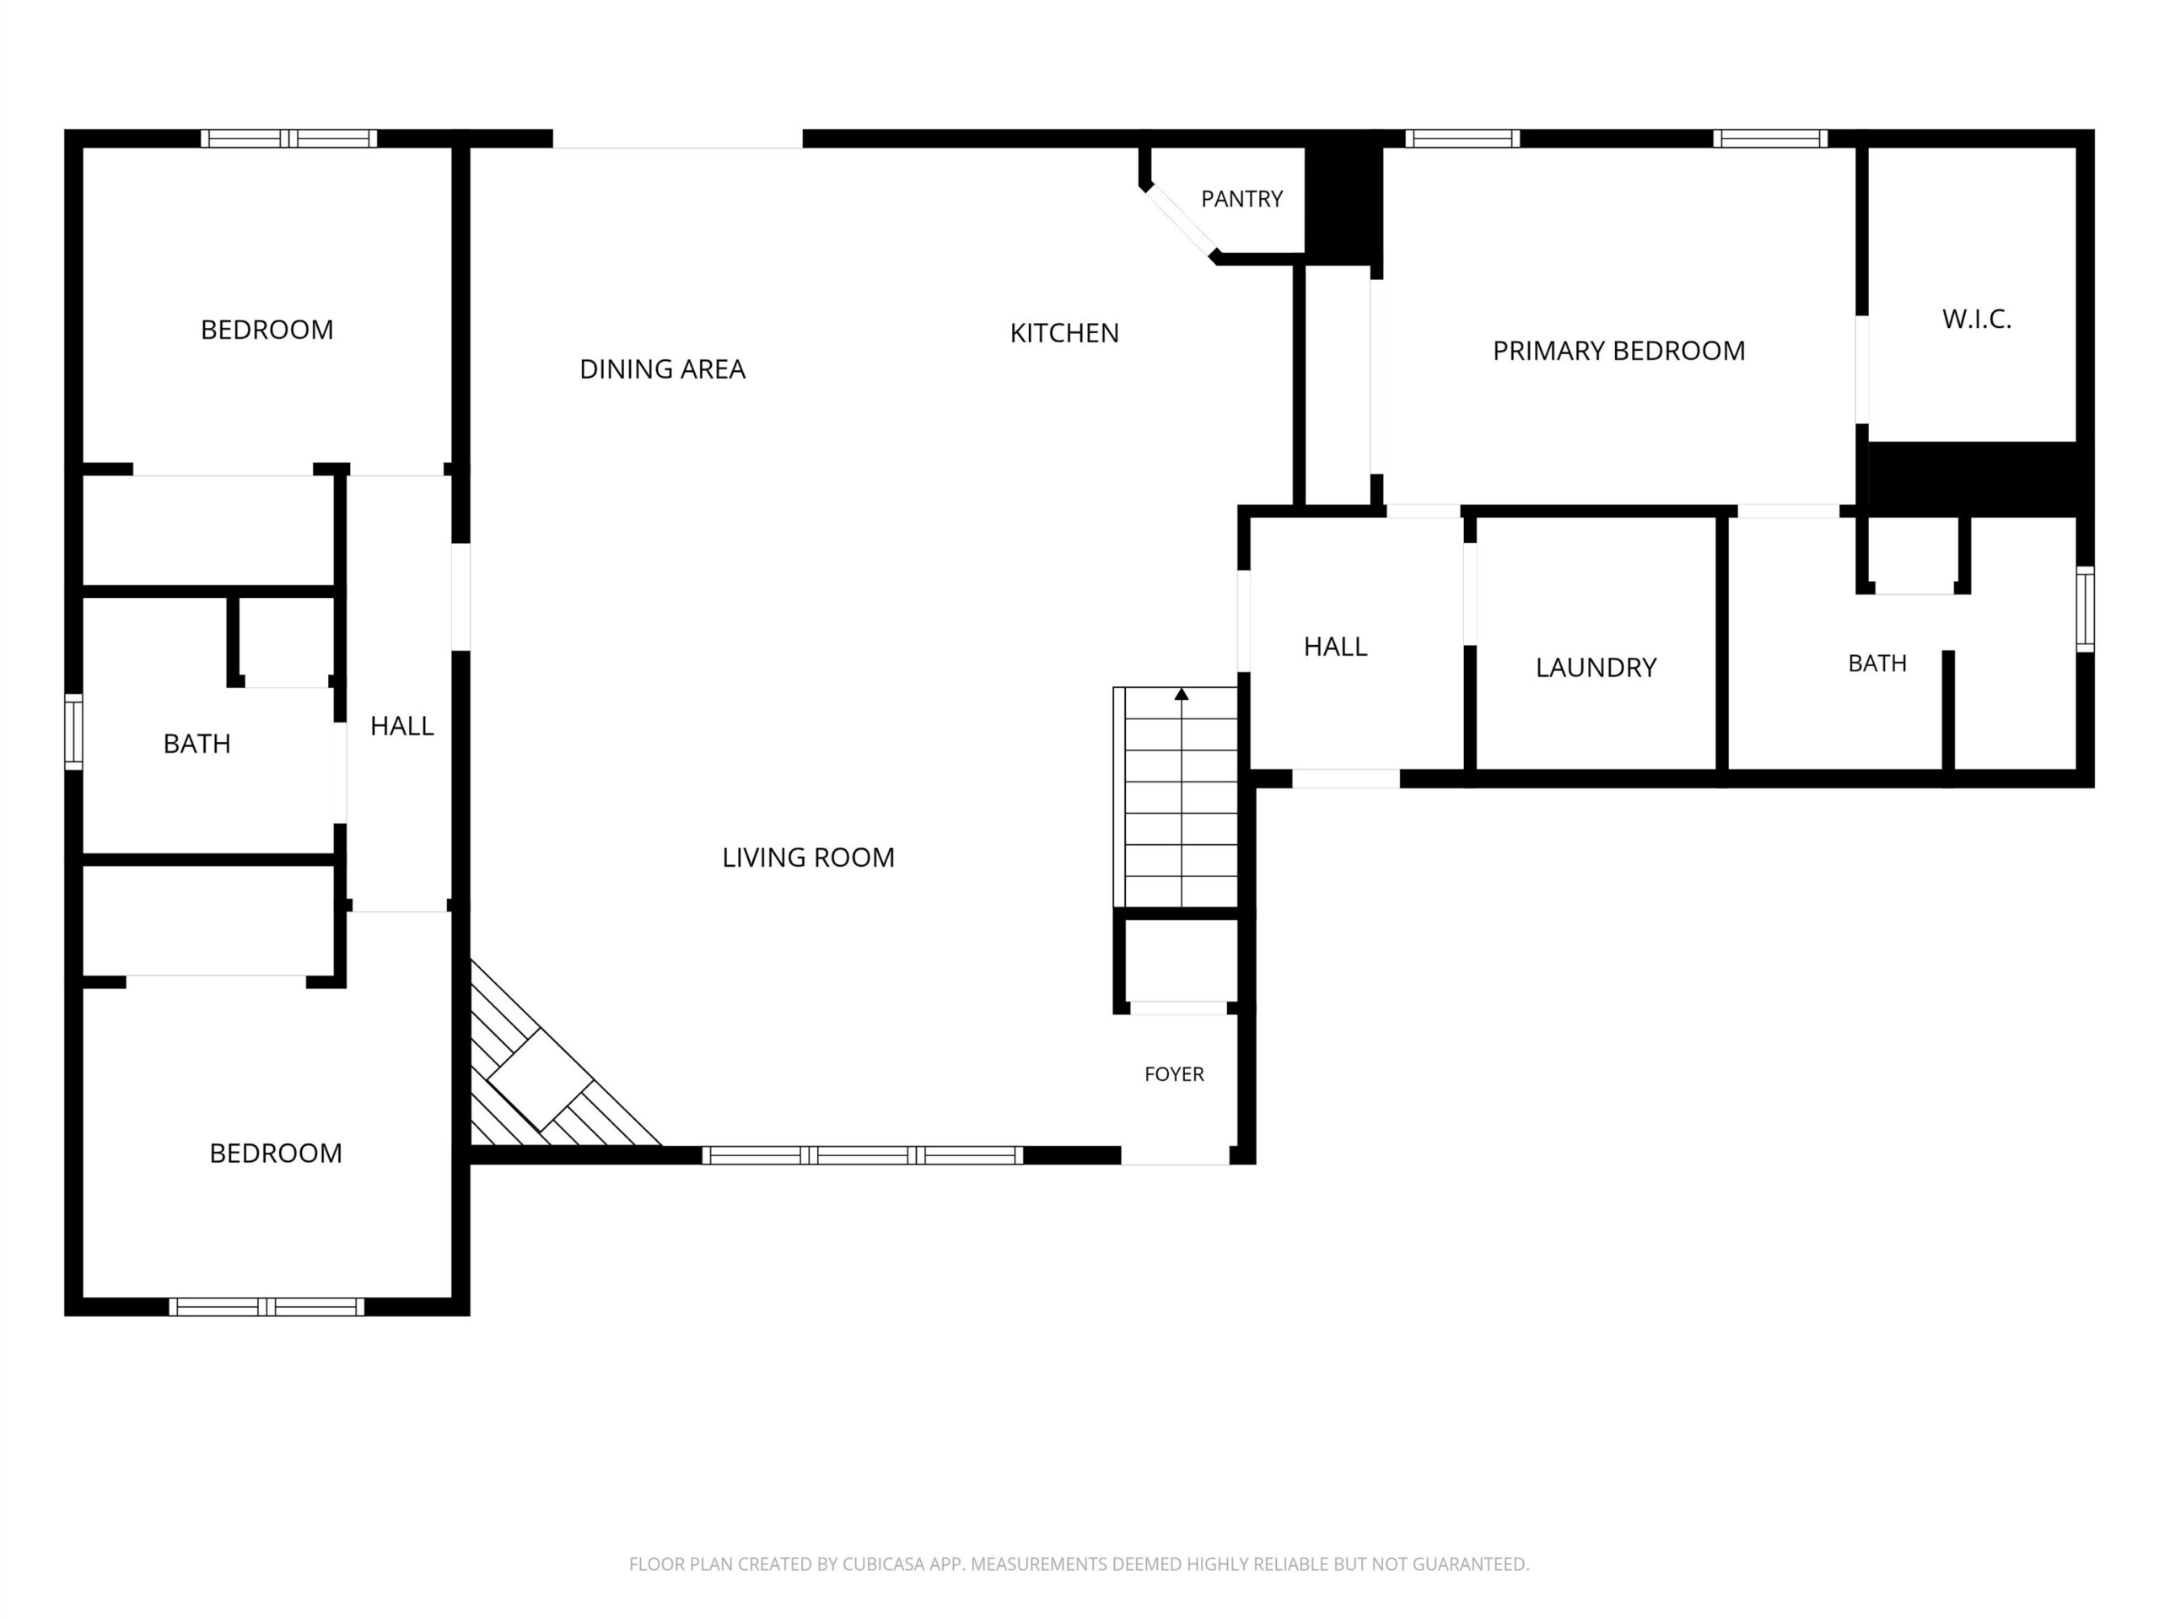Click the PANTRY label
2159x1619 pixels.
pyautogui.click(x=1241, y=199)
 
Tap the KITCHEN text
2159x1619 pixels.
pyautogui.click(x=1063, y=334)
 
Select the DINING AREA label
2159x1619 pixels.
pyautogui.click(x=662, y=368)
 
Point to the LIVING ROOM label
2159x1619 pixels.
pyautogui.click(x=808, y=858)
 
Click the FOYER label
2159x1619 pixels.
pyautogui.click(x=1174, y=1074)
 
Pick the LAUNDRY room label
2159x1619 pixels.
pyautogui.click(x=1596, y=668)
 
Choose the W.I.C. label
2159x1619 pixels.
pyautogui.click(x=1977, y=319)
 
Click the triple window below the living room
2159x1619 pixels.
pyautogui.click(x=863, y=1155)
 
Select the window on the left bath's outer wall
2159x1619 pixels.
pyautogui.click(x=73, y=732)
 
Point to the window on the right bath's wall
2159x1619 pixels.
pyautogui.click(x=2085, y=609)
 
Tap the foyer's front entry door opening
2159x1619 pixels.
pyautogui.click(x=1174, y=1156)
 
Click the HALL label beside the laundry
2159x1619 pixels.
pyautogui.click(x=1335, y=647)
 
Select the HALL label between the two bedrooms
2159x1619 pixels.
pyautogui.click(x=402, y=726)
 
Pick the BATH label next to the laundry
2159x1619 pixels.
pyautogui.click(x=1877, y=664)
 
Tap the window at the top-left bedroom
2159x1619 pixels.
pyautogui.click(x=289, y=138)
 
